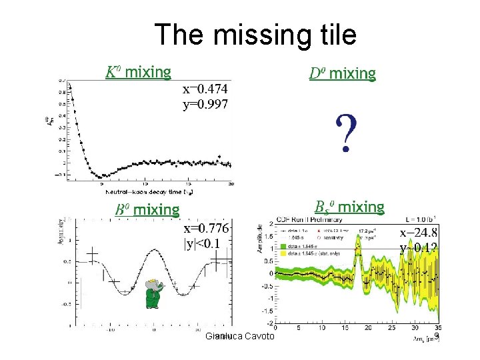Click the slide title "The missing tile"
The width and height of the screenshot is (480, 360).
(x=255, y=34)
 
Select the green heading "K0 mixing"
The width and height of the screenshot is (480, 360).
(x=139, y=71)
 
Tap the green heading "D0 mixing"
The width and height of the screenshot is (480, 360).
(x=343, y=73)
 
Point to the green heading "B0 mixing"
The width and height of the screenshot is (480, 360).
(x=147, y=211)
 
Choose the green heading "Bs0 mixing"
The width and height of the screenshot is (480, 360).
(x=349, y=207)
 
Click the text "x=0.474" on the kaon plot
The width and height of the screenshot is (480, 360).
(x=205, y=89)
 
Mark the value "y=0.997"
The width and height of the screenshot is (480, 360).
(x=205, y=104)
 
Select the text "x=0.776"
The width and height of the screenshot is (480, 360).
(x=207, y=229)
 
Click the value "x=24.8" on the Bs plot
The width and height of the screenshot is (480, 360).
(x=419, y=233)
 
